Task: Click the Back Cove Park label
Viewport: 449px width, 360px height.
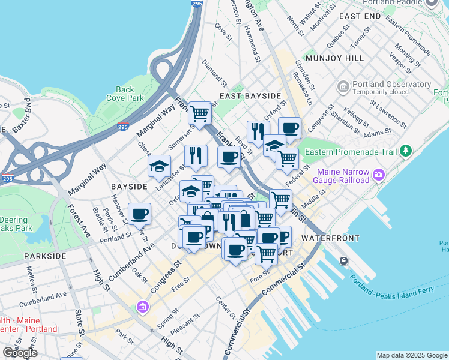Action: (125, 94)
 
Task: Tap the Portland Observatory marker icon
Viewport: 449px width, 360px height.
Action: (343, 88)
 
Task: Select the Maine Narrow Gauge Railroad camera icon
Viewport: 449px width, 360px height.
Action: (379, 176)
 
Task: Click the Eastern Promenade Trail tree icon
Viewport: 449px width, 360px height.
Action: (406, 150)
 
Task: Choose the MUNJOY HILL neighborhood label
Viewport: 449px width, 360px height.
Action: (334, 58)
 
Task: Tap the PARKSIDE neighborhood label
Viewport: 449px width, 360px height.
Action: (45, 256)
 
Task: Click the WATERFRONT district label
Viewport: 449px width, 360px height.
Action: (330, 238)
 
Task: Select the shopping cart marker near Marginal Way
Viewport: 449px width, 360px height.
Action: (199, 112)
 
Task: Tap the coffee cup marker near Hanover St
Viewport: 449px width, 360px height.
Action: (140, 214)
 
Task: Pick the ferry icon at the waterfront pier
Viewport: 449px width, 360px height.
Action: (343, 260)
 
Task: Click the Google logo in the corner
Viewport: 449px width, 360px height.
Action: (20, 353)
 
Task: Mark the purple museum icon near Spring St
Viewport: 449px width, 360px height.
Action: (143, 308)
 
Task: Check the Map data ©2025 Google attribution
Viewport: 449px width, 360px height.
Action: (411, 355)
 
